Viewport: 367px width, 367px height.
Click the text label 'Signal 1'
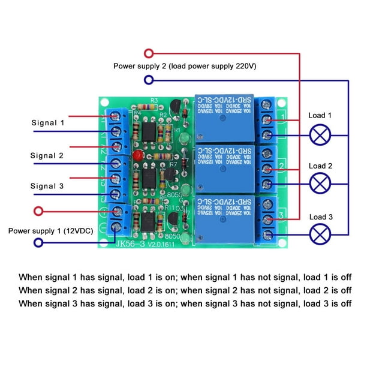pyautogui.click(x=47, y=122)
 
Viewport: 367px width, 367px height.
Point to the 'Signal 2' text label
pyautogui.click(x=47, y=155)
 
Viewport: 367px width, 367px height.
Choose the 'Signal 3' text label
pyautogui.click(x=47, y=186)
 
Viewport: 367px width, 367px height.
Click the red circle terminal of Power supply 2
pyautogui.click(x=148, y=53)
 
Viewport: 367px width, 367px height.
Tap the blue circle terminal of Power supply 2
pyautogui.click(x=148, y=80)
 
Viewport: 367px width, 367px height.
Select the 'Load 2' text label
pyautogui.click(x=321, y=166)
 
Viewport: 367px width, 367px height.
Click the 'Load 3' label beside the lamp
pyautogui.click(x=321, y=216)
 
